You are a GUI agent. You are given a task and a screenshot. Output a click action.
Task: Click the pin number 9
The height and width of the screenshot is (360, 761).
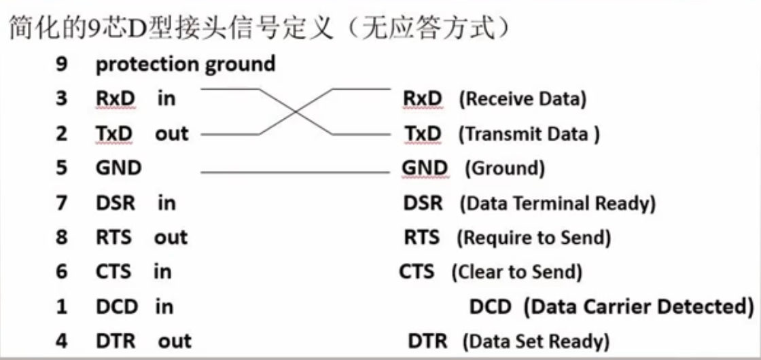click(x=62, y=65)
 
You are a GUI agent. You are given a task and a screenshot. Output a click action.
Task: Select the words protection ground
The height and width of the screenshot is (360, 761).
click(x=185, y=65)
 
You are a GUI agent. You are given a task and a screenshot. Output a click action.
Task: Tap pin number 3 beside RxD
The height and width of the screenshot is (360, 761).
click(x=62, y=99)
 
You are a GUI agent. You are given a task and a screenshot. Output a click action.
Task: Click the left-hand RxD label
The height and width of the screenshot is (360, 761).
click(x=116, y=99)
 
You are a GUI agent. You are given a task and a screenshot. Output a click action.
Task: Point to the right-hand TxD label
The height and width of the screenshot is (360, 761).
click(x=423, y=134)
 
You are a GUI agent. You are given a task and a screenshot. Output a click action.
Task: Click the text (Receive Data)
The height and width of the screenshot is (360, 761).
click(x=523, y=99)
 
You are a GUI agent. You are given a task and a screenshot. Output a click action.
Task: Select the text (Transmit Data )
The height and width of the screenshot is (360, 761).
click(x=529, y=134)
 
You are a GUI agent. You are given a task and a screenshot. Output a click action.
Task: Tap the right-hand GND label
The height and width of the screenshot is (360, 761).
click(x=425, y=168)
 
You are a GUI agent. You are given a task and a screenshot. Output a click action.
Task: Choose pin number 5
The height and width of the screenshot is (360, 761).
click(x=62, y=168)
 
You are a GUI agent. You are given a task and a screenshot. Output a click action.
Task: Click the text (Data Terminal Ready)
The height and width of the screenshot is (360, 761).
click(x=558, y=202)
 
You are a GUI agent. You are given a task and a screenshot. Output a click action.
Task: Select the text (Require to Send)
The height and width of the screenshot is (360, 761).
click(x=534, y=237)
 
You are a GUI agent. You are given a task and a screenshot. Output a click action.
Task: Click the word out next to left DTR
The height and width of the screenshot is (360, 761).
click(x=175, y=340)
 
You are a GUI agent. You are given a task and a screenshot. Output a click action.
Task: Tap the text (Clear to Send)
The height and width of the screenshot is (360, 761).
click(x=516, y=272)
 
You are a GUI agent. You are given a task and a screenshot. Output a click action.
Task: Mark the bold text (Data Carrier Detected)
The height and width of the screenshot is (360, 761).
click(x=639, y=306)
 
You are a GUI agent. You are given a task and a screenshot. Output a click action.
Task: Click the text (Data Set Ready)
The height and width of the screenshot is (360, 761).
click(x=535, y=340)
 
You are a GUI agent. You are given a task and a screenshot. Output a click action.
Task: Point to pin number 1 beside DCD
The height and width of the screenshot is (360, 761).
click(x=62, y=306)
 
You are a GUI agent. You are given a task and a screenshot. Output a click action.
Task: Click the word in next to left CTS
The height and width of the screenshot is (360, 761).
click(x=162, y=272)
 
